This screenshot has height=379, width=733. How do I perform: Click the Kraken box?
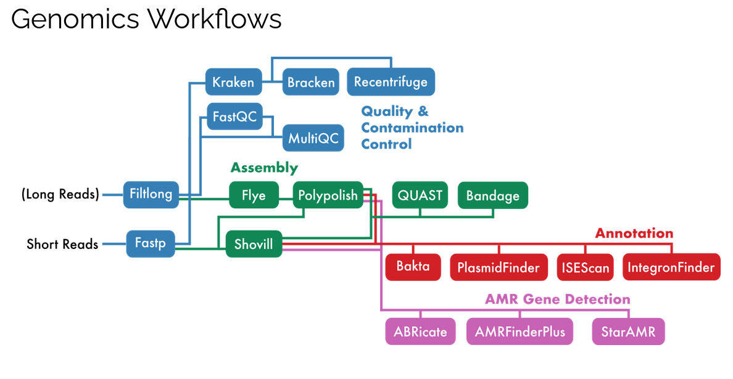tap(233, 82)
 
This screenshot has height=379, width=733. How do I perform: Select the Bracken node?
tap(311, 82)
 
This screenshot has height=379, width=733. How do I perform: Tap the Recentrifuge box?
tap(391, 82)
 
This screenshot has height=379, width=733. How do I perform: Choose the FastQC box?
tap(234, 116)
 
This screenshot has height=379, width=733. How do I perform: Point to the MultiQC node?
tap(313, 137)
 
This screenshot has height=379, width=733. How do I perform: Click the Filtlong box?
tap(151, 194)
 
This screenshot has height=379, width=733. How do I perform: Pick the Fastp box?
tap(151, 243)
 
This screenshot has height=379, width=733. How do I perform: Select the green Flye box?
tap(254, 195)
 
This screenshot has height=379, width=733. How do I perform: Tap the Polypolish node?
tap(328, 195)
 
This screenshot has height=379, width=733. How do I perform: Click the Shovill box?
tap(254, 243)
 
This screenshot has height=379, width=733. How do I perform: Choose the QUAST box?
tap(420, 195)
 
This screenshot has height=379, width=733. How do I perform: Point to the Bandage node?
tap(493, 195)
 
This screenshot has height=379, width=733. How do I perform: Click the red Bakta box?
tap(413, 266)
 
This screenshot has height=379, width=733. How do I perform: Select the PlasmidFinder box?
tap(499, 267)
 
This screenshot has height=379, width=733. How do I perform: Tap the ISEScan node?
tap(586, 267)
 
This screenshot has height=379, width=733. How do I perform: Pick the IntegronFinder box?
tap(671, 267)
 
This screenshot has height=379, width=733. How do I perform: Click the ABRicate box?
tap(420, 332)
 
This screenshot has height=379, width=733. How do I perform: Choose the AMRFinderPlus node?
tap(520, 332)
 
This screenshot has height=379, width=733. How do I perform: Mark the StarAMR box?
tap(628, 332)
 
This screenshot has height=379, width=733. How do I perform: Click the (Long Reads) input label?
tap(60, 194)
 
